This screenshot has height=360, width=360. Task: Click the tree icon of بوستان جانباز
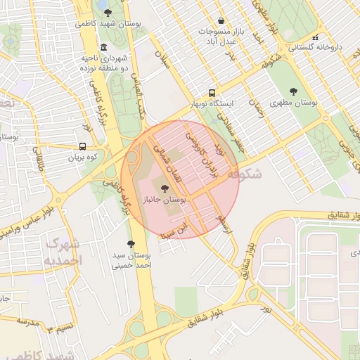tap(165, 188)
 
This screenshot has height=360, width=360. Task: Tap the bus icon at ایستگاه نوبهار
tap(212, 92)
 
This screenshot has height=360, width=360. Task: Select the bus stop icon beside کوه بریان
tap(83, 147)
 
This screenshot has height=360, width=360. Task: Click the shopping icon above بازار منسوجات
tap(221, 21)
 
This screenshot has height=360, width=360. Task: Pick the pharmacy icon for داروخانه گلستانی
tap(316, 37)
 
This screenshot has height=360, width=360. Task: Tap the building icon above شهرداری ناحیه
tap(103, 47)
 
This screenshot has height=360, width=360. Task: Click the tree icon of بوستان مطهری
tap(292, 91)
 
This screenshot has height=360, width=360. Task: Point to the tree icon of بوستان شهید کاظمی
tap(107, 12)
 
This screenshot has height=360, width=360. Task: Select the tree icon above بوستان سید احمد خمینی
tap(131, 243)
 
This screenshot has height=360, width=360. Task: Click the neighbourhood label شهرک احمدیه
tap(63, 252)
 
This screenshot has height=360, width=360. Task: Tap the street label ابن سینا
tap(173, 230)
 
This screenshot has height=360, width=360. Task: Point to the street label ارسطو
tap(224, 225)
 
